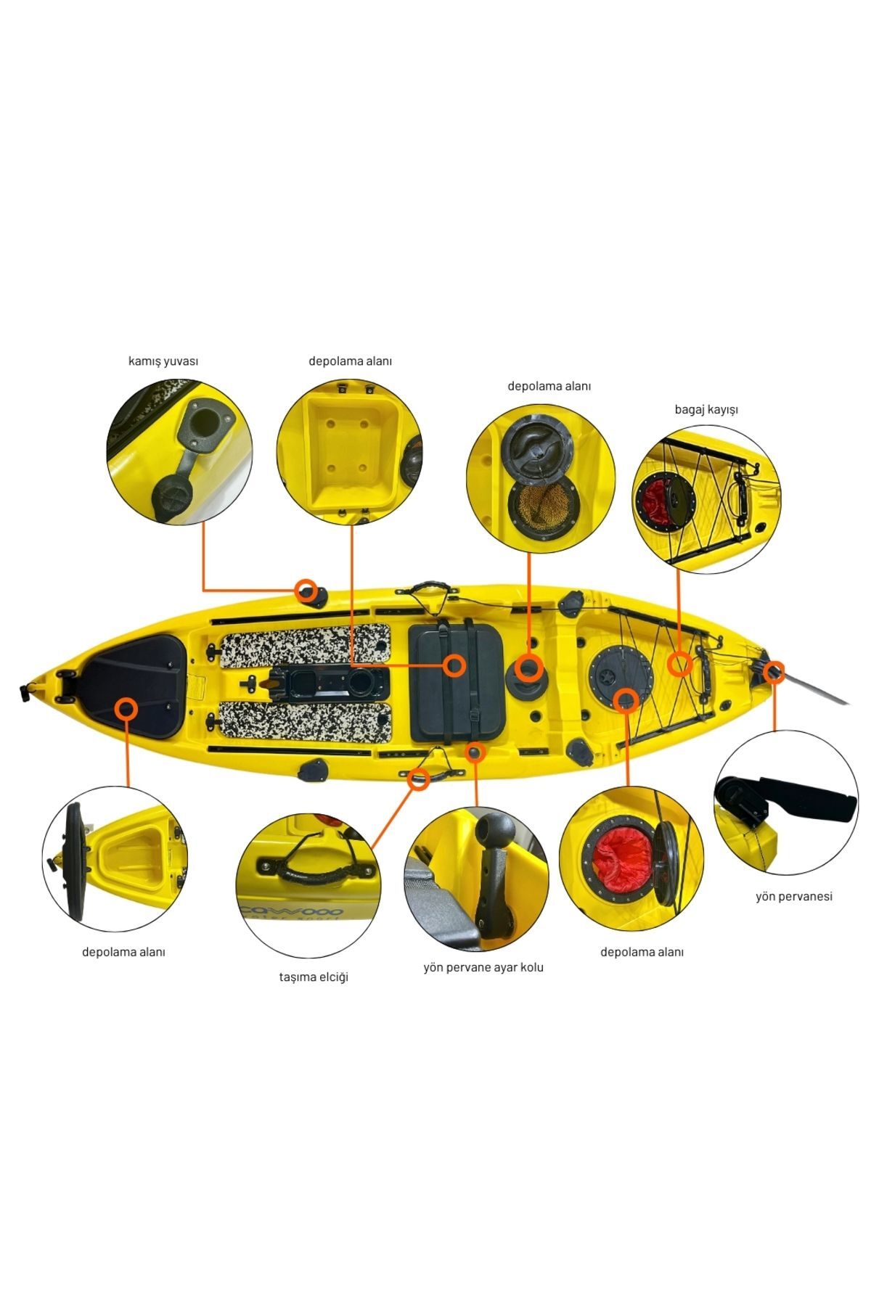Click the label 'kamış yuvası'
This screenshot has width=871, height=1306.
click(x=163, y=361)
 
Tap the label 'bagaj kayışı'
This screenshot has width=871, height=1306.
click(x=706, y=409)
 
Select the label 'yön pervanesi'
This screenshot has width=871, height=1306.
click(x=794, y=896)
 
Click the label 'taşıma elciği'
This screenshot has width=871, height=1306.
click(x=314, y=977)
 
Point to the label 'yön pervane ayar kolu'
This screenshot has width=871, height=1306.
click(x=483, y=967)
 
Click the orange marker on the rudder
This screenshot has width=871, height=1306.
click(x=774, y=672)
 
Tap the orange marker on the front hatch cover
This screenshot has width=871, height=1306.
click(x=127, y=708)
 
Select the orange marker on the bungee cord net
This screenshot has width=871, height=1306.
click(x=679, y=663)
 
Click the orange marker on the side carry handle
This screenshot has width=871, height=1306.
click(x=418, y=779)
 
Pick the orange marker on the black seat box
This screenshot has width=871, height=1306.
click(x=455, y=665)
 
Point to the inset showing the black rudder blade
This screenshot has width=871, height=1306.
click(x=786, y=802)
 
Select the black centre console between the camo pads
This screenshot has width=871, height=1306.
click(x=328, y=684)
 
